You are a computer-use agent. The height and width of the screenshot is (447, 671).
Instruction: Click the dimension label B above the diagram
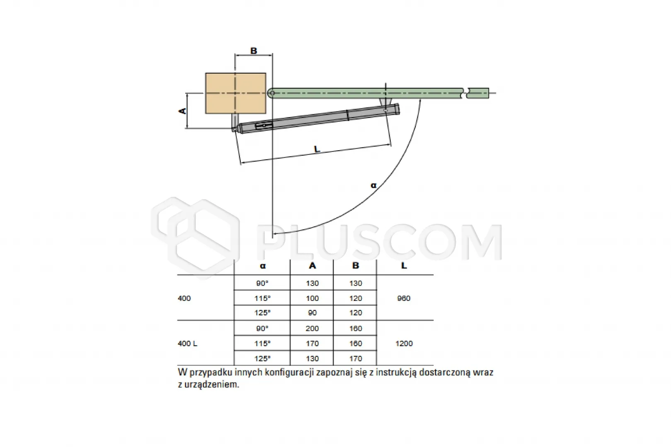point(253,51)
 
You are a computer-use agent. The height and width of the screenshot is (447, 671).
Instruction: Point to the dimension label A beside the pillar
point(182,111)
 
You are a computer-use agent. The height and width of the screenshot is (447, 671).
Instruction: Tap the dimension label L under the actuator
point(317,149)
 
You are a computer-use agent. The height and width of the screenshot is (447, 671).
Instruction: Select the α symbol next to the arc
point(373,185)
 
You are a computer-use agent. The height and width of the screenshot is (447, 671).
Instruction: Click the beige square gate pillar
point(236,94)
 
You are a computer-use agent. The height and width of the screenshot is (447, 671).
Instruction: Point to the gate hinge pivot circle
point(272,93)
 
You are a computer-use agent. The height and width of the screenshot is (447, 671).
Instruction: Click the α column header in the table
point(263,266)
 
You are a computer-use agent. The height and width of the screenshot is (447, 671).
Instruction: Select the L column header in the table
point(404,266)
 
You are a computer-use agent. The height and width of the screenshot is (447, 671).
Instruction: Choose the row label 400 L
point(187,344)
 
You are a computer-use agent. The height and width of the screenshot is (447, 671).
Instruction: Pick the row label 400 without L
point(184,298)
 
